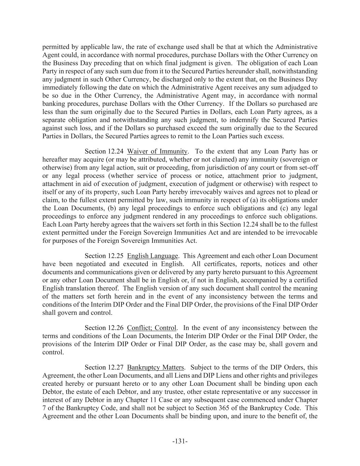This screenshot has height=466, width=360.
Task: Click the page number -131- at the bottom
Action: pyautogui.click(x=180, y=441)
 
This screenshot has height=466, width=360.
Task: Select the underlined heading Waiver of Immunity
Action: pyautogui.click(x=157, y=151)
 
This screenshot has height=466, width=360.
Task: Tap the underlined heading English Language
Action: pyautogui.click(x=153, y=256)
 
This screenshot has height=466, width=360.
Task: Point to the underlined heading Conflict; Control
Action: pyautogui.click(x=152, y=328)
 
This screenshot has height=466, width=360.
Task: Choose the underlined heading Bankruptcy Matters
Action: pyautogui.click(x=156, y=367)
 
